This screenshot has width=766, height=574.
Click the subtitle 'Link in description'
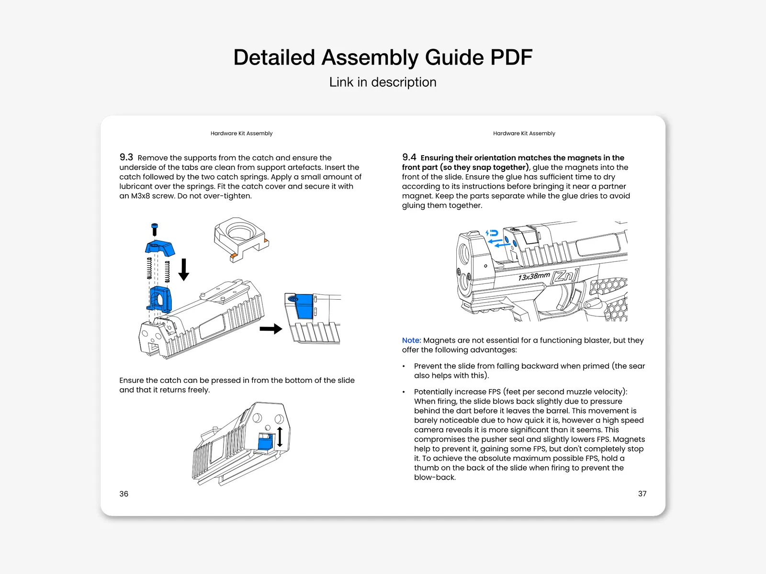click(x=383, y=82)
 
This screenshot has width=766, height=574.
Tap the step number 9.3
click(x=126, y=157)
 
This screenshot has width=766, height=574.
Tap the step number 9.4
click(x=409, y=157)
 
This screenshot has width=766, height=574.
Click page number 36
click(x=124, y=494)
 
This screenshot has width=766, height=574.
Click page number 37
click(x=642, y=494)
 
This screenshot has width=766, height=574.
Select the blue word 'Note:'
click(x=411, y=340)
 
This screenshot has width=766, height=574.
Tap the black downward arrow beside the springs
click(x=184, y=270)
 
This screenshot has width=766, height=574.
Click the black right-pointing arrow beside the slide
click(x=270, y=329)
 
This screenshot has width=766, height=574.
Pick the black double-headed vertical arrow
click(x=280, y=437)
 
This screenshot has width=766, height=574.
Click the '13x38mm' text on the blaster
click(x=534, y=277)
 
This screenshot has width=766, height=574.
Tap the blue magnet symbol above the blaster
click(x=492, y=234)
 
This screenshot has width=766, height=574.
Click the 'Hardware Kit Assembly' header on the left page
click(x=241, y=134)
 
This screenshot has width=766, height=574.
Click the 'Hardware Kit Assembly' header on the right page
click(x=524, y=134)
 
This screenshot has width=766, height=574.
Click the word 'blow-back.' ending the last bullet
click(x=435, y=477)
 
